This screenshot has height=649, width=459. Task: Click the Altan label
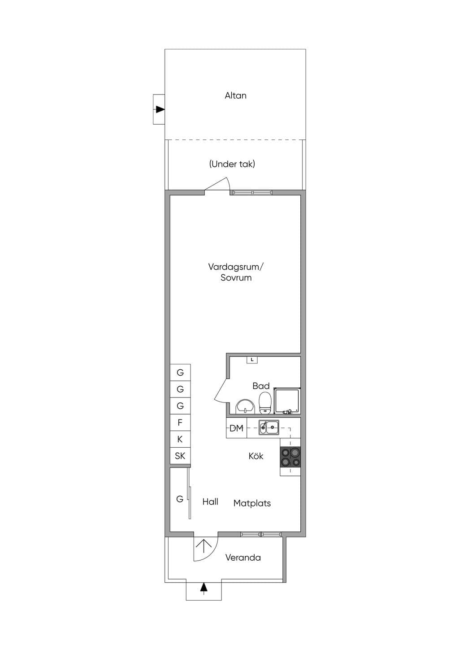(x=235, y=95)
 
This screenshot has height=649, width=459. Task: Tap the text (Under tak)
(x=232, y=164)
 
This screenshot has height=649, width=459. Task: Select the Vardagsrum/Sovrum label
(x=236, y=272)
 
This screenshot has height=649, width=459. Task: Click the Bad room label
(x=261, y=385)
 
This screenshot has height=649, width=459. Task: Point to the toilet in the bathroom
(x=264, y=403)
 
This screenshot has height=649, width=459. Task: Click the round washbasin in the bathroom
(x=246, y=407)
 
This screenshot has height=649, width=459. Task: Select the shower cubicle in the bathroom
(x=287, y=401)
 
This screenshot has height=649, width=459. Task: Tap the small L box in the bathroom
(x=252, y=360)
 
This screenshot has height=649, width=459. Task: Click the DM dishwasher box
(x=237, y=428)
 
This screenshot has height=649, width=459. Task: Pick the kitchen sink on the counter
(x=269, y=427)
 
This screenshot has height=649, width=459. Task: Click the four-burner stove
(x=290, y=457)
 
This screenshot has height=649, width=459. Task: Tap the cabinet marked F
(x=180, y=422)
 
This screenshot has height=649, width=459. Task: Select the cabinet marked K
(x=180, y=439)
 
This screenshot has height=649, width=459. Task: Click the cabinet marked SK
(x=180, y=456)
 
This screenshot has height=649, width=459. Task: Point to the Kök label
(x=256, y=456)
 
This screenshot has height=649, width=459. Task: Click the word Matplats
(x=252, y=503)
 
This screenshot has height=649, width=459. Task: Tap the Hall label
(x=210, y=502)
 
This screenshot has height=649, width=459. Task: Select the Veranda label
(x=243, y=558)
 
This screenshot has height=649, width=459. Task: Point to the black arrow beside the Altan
(x=160, y=109)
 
